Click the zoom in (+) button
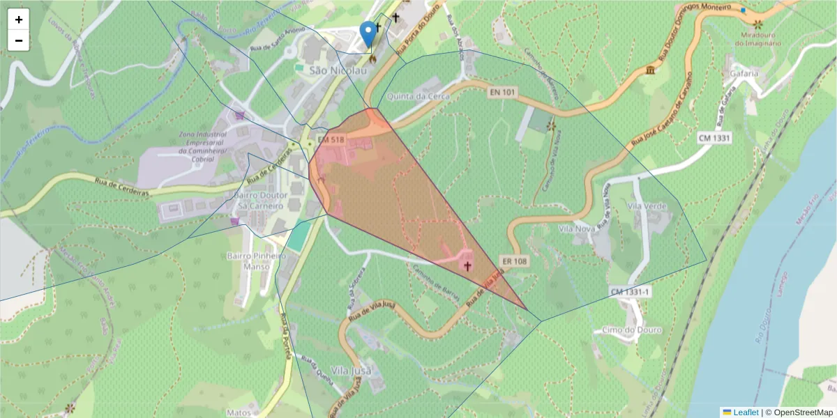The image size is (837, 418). [19, 20]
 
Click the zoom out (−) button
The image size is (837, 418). [19, 40]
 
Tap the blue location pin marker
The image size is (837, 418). [368, 34]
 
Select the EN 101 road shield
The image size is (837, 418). [503, 91]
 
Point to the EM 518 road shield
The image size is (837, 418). [331, 139]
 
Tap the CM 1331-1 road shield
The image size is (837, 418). [630, 292]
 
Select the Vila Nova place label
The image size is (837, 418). [576, 229]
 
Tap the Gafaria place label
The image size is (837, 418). [744, 72]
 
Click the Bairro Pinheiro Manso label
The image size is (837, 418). [257, 261]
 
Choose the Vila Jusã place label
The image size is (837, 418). [349, 370]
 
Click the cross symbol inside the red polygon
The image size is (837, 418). [467, 265]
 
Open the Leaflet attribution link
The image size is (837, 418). [746, 412]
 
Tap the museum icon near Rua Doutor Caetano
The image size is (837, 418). [651, 70]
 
